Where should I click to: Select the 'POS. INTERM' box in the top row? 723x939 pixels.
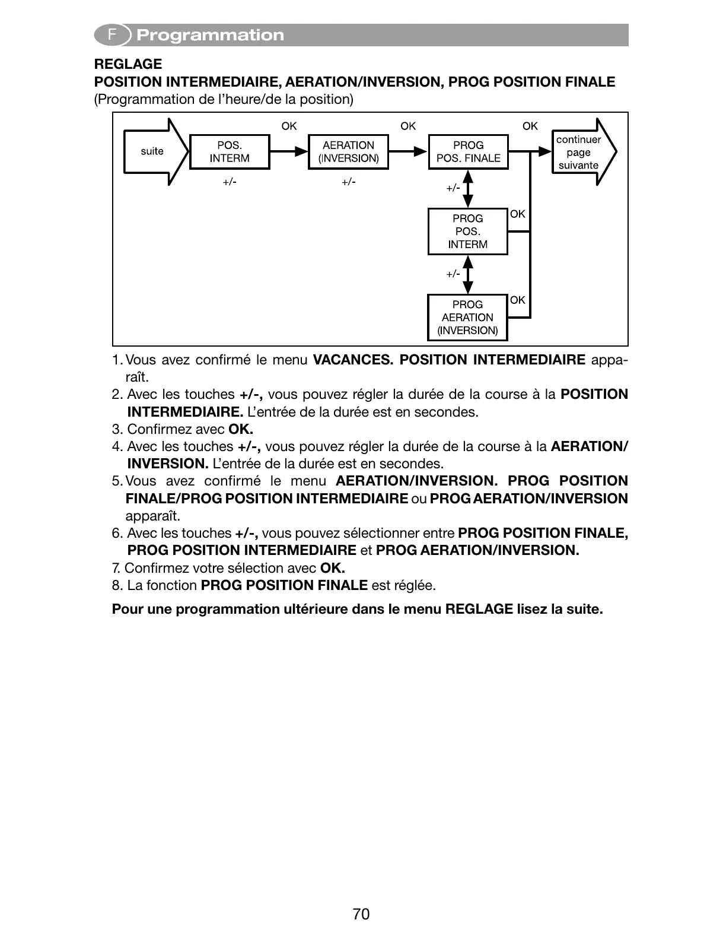tap(230, 152)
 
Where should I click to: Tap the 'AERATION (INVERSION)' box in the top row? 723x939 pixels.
tap(349, 152)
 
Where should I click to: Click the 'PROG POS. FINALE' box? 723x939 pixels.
tap(468, 152)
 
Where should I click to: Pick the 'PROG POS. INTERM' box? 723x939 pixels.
tap(468, 231)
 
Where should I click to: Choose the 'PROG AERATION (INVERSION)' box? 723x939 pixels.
tap(467, 318)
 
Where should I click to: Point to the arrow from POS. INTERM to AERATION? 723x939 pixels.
tap(289, 152)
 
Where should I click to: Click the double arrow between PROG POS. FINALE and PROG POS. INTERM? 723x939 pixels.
tap(468, 189)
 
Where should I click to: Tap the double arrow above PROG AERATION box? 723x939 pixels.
tap(468, 274)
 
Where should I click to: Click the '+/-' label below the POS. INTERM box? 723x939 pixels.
tap(230, 182)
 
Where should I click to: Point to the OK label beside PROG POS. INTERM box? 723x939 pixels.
tap(518, 214)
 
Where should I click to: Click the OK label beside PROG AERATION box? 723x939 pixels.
tap(518, 300)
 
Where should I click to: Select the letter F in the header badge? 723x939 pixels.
tap(111, 35)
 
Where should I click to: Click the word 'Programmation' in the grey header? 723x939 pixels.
tap(211, 36)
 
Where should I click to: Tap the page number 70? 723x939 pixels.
tap(361, 914)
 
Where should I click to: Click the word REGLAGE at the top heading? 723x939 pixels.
tap(128, 64)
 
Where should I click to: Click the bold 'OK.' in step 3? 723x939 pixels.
tap(241, 429)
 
